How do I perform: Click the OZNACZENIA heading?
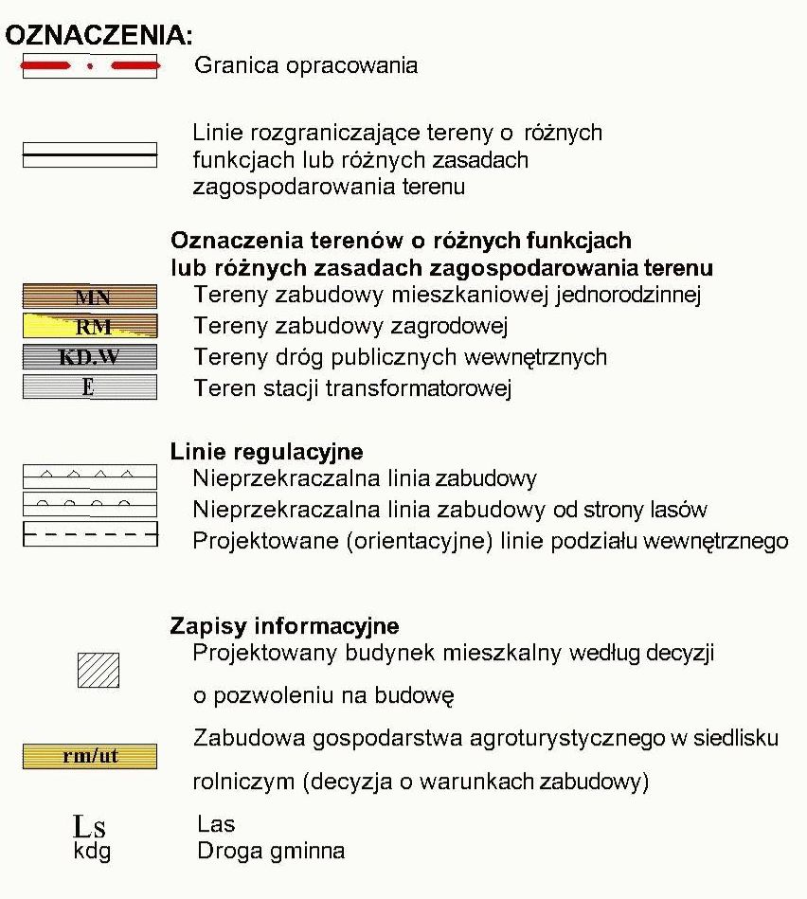(x=99, y=36)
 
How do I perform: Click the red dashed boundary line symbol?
(x=90, y=66)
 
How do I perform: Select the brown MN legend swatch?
(x=90, y=297)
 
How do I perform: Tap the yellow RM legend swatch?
(x=90, y=328)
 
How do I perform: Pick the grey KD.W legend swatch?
(x=90, y=357)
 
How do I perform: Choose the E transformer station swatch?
(x=90, y=387)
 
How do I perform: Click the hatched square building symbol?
(x=98, y=670)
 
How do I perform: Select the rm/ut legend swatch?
(x=90, y=756)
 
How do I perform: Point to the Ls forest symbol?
(x=92, y=827)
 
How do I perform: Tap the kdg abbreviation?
(x=92, y=851)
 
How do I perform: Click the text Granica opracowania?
(x=305, y=65)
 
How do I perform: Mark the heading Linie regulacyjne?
(x=266, y=452)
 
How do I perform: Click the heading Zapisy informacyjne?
(x=284, y=626)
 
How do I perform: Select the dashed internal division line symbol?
(x=90, y=535)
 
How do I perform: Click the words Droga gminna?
(x=271, y=851)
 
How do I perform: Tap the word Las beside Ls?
(x=216, y=824)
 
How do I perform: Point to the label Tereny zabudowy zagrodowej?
(x=350, y=327)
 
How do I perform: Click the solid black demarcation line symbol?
(x=90, y=153)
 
